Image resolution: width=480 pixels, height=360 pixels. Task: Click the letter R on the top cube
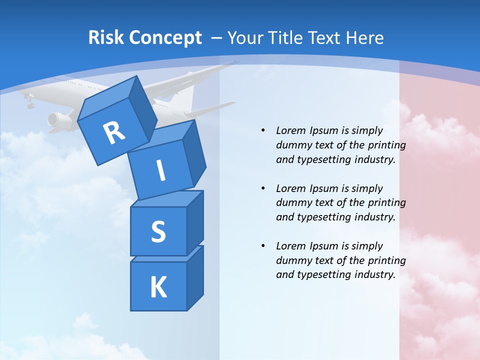pos(114,132)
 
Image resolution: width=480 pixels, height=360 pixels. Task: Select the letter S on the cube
pos(158,232)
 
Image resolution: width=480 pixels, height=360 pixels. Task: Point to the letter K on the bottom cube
pos(158,287)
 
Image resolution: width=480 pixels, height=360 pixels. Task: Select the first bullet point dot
pos(263,130)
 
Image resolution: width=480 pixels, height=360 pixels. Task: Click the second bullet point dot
pos(263,188)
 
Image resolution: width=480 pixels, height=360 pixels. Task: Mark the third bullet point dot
pos(263,246)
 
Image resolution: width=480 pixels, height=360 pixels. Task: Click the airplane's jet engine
pos(58,119)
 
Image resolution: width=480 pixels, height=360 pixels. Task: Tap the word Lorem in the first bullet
pos(289,130)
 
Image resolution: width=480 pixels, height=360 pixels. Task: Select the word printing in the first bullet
pos(387,145)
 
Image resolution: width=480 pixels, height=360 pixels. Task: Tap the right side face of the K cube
pos(195,277)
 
